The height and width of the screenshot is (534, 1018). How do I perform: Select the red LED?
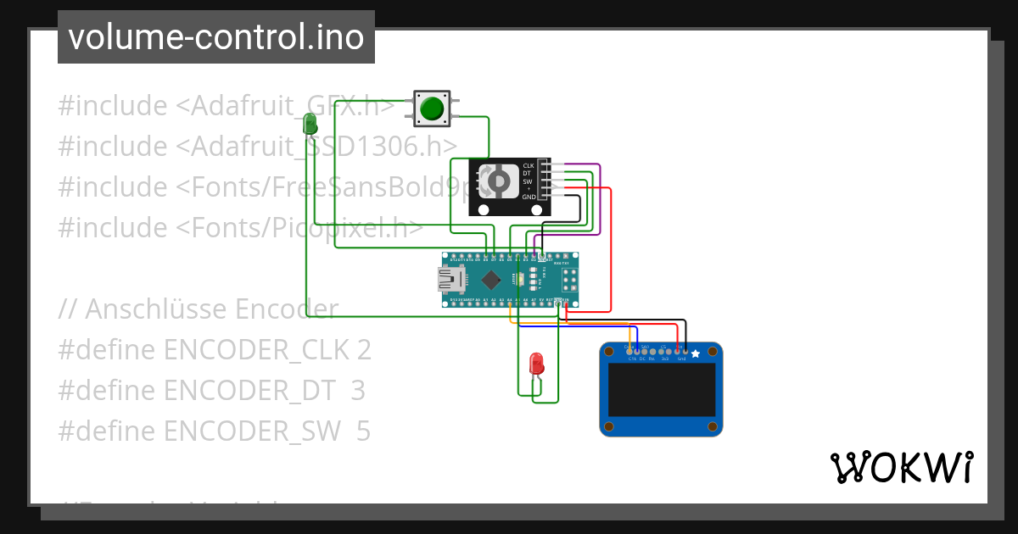point(536,364)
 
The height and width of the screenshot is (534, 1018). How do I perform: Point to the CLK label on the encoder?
point(528,165)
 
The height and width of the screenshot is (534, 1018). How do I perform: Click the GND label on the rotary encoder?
point(529,197)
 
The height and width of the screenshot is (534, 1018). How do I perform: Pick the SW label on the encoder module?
point(528,181)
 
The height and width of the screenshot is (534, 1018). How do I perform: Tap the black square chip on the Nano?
point(490,280)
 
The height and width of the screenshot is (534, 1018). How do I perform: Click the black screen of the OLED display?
point(661,390)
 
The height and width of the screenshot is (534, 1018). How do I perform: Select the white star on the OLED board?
point(696,353)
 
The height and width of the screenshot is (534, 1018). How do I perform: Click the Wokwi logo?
point(901,467)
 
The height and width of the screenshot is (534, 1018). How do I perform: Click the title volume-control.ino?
point(215,37)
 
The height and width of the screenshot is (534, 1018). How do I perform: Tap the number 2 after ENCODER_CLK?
point(364,350)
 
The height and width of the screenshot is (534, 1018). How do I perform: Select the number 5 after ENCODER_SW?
point(363,431)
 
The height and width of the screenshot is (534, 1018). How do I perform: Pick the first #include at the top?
point(113,107)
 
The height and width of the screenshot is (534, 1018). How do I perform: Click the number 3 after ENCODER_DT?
point(358,391)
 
